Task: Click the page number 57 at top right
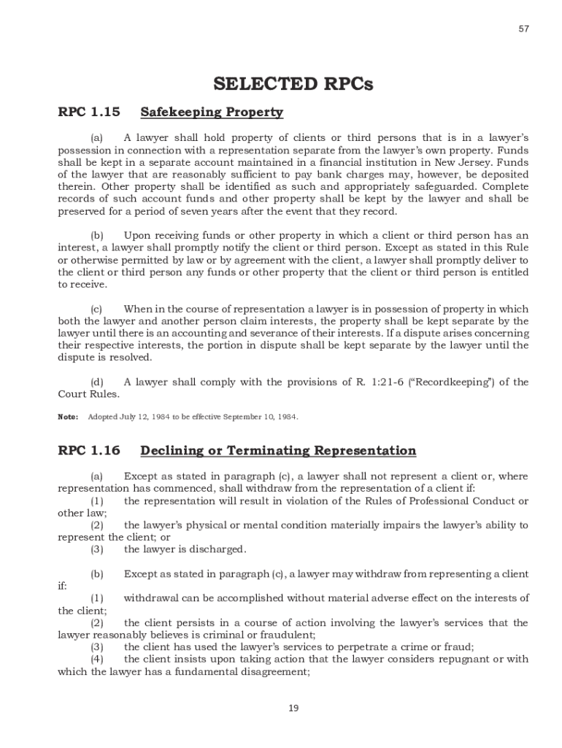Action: point(524,28)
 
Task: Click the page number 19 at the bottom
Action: point(293,708)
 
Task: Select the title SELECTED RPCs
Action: point(293,84)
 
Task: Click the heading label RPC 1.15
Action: point(88,112)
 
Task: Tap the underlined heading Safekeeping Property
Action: point(212,112)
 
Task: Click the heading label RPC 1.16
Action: point(88,451)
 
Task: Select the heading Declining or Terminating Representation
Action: point(278,451)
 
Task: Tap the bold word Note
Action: point(67,417)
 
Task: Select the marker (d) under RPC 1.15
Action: point(96,382)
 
